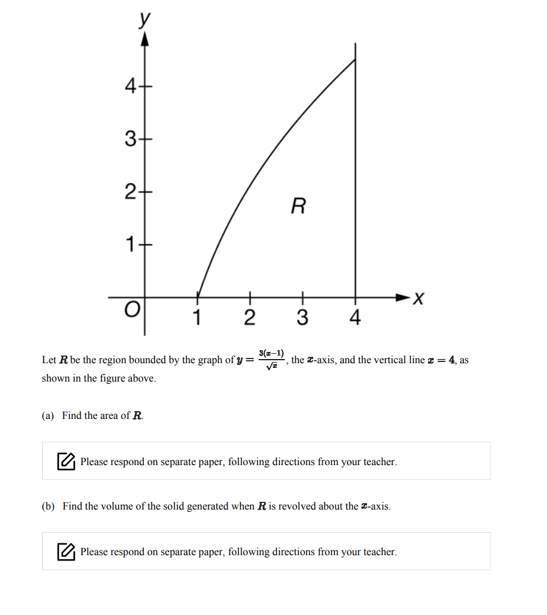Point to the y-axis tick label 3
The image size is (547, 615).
[x=130, y=140]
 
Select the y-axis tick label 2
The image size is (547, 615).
[x=130, y=192]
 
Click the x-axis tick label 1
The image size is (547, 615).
[x=197, y=318]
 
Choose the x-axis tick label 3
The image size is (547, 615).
[x=302, y=318]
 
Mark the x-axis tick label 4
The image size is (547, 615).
[x=355, y=318]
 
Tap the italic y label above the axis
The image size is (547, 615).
[x=143, y=19]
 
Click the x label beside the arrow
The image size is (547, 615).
[x=419, y=299]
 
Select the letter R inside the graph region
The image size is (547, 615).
[x=299, y=207]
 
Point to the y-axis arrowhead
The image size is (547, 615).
[x=144, y=39]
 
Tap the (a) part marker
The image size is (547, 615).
[x=48, y=416]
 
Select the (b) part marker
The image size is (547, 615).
[x=48, y=507]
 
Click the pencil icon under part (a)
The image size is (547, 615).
[x=66, y=461]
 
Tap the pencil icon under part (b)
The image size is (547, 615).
[x=66, y=552]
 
